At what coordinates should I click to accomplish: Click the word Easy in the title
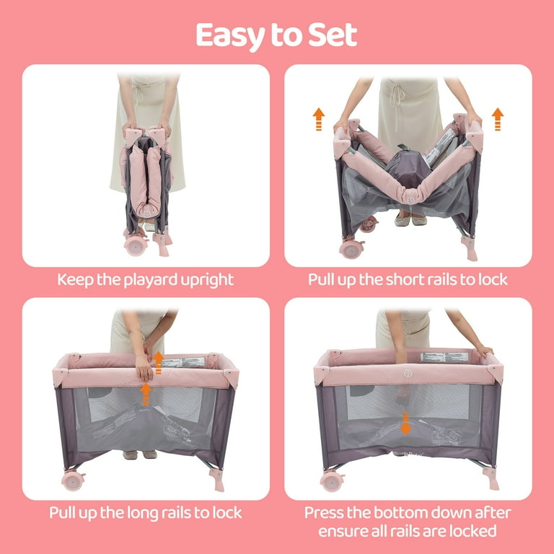click(230, 35)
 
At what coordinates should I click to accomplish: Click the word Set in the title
click(333, 35)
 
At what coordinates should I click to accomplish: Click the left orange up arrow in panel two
click(319, 118)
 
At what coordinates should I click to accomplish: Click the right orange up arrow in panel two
click(497, 118)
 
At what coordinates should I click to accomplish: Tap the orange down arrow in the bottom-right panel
click(405, 423)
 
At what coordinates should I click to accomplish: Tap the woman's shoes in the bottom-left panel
click(140, 454)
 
